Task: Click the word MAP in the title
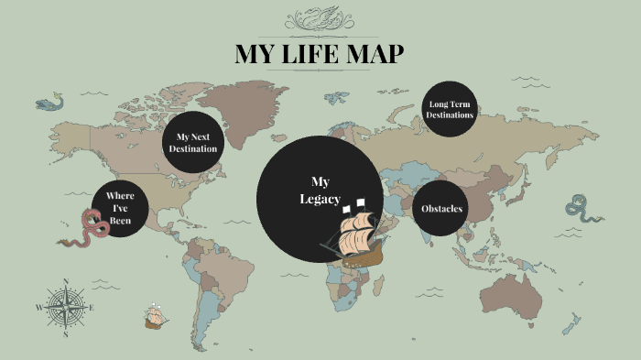(374, 55)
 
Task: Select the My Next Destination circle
(193, 143)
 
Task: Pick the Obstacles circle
(442, 209)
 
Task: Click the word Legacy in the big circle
(320, 200)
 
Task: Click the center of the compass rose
(65, 307)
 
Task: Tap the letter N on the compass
(65, 281)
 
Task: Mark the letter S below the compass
(65, 334)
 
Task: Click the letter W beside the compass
(38, 308)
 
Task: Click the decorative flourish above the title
(320, 19)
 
